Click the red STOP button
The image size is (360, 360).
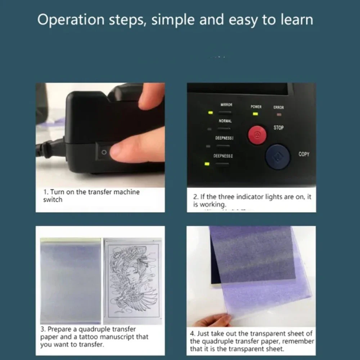click(x=257, y=135)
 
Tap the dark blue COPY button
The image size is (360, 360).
click(x=278, y=157)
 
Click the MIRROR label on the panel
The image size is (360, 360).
click(x=226, y=105)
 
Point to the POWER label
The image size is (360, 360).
click(x=256, y=107)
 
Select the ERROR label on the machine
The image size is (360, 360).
click(x=279, y=107)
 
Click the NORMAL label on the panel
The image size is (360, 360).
click(x=225, y=121)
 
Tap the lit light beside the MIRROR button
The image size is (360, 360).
click(x=210, y=113)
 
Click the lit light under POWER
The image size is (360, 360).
click(x=255, y=114)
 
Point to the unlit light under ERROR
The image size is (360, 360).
click(x=279, y=115)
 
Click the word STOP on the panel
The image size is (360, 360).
click(x=279, y=128)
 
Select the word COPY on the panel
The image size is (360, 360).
click(x=304, y=154)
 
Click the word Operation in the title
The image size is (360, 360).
click(x=71, y=20)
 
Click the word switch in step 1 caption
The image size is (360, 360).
click(x=53, y=200)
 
